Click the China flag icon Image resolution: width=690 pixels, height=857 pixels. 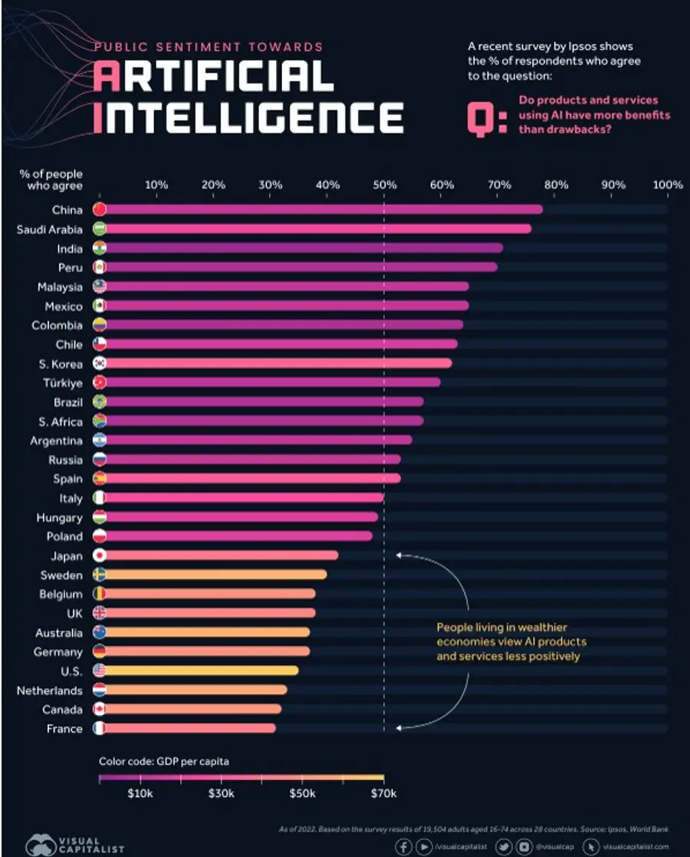99,209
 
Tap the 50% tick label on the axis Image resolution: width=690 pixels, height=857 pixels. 385,185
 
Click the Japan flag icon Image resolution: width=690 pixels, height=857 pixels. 99,555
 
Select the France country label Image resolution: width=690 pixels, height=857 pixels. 64,728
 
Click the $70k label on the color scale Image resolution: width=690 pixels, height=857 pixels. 383,793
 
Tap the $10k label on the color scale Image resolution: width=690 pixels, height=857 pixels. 140,793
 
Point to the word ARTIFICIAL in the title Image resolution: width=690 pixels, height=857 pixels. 214,76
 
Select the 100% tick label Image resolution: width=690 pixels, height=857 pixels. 668,185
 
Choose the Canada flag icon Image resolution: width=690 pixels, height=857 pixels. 99,709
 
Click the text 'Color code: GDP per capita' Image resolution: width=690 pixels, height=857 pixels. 163,761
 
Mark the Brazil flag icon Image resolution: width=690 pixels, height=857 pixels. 99,401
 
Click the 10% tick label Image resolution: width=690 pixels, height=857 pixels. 156,185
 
